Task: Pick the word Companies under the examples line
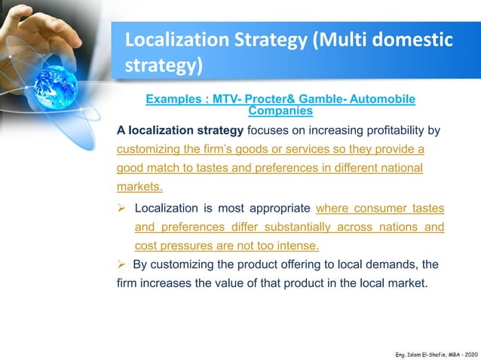(x=280, y=111)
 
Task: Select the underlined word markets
(x=139, y=186)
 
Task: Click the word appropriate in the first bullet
(x=274, y=209)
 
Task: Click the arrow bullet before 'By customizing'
(x=122, y=264)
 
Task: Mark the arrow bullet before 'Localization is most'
(x=122, y=209)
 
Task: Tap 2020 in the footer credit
(x=468, y=352)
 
